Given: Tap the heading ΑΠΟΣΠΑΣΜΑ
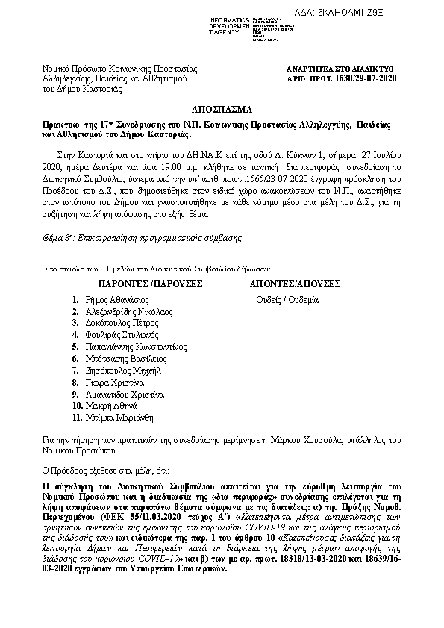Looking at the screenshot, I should point(221,107).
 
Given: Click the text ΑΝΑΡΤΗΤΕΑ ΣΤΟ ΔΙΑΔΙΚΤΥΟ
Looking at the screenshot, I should point(345,68).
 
